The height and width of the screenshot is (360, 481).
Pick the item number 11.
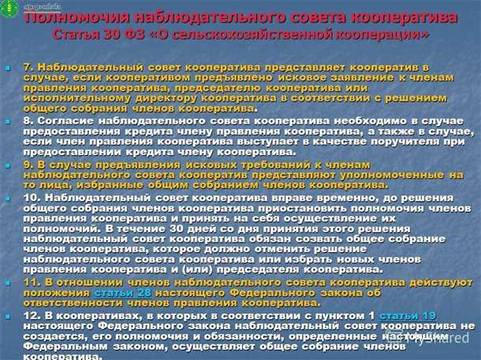pyautogui.click(x=32, y=280)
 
